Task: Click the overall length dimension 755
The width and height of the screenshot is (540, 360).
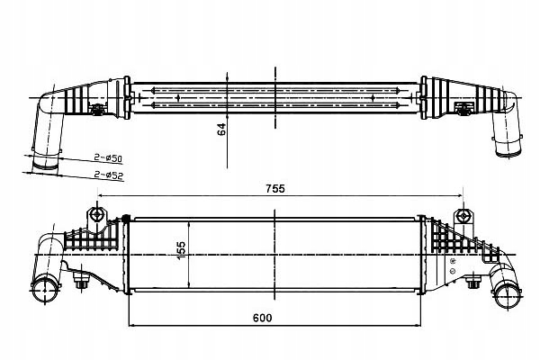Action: tap(274, 188)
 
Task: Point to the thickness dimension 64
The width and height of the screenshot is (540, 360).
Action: tap(221, 129)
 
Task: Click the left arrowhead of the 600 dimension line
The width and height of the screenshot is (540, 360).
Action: tap(132, 326)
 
